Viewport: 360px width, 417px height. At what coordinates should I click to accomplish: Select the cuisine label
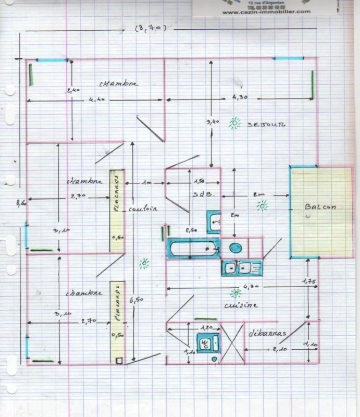(x=241, y=305)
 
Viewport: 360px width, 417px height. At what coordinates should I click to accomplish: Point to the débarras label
(x=266, y=333)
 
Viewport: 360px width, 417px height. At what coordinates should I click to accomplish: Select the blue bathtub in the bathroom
(x=192, y=249)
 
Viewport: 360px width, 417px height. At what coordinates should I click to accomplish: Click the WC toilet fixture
(x=207, y=343)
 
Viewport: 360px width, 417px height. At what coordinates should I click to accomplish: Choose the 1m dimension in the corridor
(x=146, y=182)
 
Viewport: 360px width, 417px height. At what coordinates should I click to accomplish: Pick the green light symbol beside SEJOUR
(x=235, y=123)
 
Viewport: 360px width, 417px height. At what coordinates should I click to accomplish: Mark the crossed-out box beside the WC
(x=232, y=342)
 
